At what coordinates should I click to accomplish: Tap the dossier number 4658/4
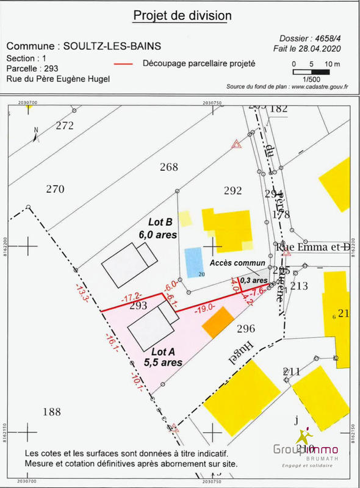(327, 38)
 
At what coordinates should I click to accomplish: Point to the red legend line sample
(124, 63)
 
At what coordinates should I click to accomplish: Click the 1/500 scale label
(311, 79)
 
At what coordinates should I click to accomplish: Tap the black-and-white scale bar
(311, 72)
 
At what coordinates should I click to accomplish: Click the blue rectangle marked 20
(193, 261)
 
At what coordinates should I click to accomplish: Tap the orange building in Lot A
(218, 322)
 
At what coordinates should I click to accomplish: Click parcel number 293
(139, 306)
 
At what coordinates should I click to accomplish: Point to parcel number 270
(55, 189)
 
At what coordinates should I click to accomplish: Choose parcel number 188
(52, 412)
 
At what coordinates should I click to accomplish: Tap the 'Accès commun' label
(237, 263)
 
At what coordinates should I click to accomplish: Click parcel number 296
(245, 329)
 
